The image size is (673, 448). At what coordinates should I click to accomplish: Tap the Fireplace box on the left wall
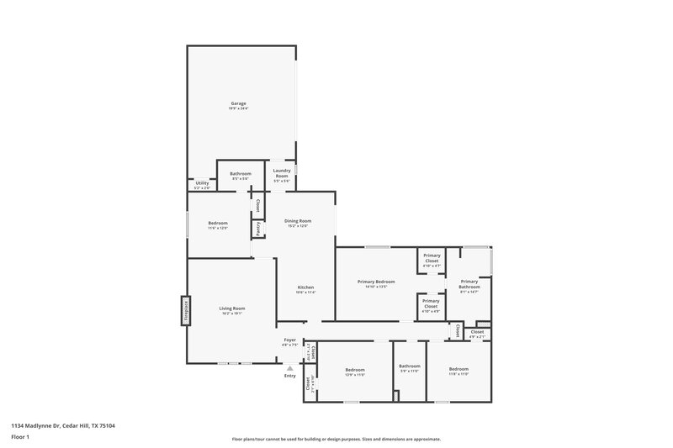[x=186, y=311]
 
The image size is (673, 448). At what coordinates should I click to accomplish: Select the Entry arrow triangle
[x=289, y=367]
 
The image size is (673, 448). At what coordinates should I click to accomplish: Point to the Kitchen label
[x=305, y=289]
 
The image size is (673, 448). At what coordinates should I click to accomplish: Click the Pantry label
[x=258, y=229]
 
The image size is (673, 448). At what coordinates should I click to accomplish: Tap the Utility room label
[x=202, y=184]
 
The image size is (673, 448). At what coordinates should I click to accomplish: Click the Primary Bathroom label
[x=469, y=286]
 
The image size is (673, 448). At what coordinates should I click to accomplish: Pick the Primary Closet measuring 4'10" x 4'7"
[x=432, y=260]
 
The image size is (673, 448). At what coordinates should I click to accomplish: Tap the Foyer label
[x=289, y=341]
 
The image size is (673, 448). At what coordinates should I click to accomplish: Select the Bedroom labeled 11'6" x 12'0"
[x=218, y=224]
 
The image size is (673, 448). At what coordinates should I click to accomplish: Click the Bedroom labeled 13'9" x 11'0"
[x=354, y=372]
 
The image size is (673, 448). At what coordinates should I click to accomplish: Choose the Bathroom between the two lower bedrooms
[x=410, y=367]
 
